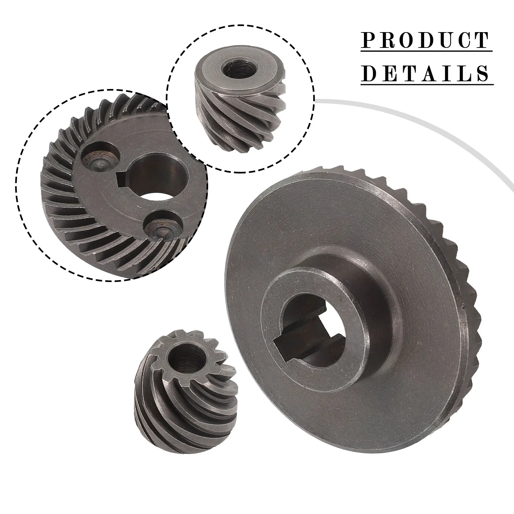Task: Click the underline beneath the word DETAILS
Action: [x=427, y=84]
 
